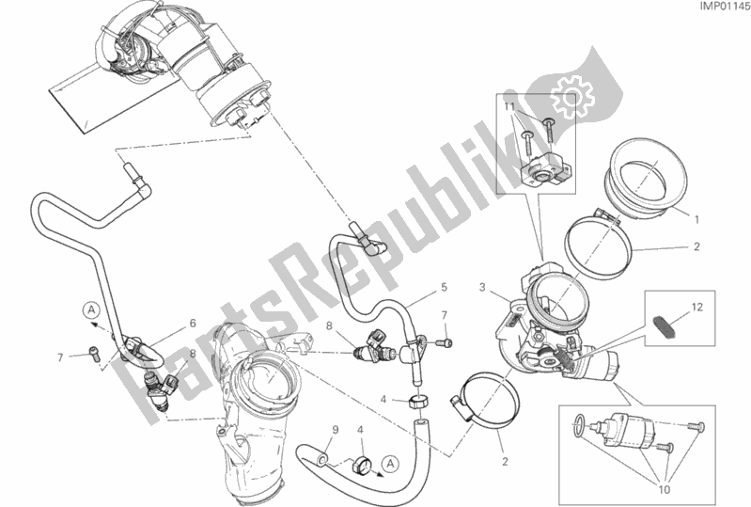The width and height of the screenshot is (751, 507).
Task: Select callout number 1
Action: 697,220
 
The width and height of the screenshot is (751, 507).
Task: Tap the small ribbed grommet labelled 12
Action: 665,325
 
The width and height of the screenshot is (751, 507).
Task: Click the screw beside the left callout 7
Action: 91,353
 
